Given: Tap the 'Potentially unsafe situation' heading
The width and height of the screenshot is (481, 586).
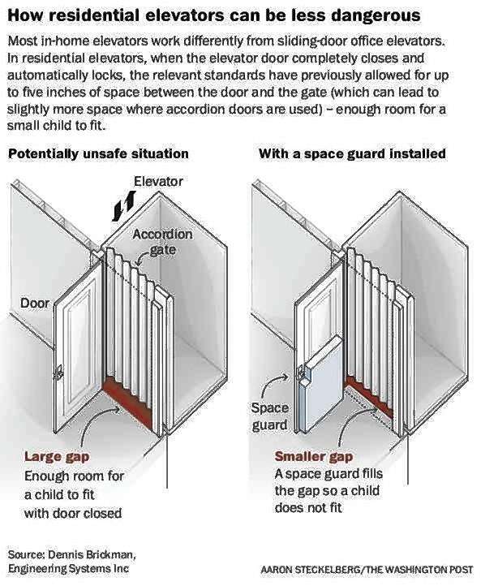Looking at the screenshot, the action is [98, 154].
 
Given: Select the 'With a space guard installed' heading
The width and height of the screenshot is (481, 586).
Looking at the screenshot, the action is [352, 153].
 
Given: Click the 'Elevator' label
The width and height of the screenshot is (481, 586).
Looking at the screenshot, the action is [158, 182].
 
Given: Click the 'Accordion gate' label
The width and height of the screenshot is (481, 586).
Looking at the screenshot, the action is [163, 242].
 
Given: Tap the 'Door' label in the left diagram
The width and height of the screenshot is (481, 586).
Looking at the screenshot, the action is [35, 303].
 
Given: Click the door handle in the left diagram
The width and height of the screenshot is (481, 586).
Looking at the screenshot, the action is [58, 373].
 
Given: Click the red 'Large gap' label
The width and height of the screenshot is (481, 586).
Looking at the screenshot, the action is [57, 456].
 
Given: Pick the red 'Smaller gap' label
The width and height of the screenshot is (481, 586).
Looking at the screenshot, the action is [314, 456].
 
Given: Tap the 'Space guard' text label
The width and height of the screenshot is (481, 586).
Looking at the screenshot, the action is [269, 416].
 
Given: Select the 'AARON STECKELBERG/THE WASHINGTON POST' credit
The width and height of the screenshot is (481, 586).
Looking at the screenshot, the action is [367, 570].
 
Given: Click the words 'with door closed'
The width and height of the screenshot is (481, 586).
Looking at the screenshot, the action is [73, 513].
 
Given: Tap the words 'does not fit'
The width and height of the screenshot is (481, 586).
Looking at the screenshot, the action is [308, 507].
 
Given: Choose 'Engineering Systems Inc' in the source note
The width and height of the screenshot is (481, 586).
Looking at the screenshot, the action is [68, 569].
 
